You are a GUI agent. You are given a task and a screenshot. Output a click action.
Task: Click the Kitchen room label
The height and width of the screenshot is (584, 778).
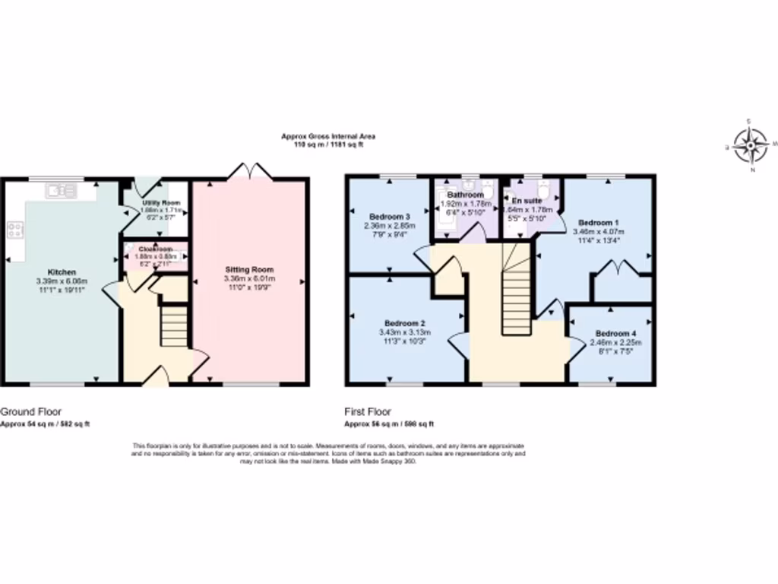62,271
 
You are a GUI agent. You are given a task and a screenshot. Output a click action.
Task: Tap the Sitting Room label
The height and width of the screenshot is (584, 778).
249,269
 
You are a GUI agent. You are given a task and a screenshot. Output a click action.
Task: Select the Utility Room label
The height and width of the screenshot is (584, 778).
160,203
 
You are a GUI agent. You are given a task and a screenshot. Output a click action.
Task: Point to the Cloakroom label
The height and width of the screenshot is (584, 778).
156,249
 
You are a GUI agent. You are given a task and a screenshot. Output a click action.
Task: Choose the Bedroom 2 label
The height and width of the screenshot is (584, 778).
404,322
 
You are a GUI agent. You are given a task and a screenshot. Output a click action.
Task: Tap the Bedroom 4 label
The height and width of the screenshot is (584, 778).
615,333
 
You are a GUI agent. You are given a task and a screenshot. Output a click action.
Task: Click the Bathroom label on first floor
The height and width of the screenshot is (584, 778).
465,195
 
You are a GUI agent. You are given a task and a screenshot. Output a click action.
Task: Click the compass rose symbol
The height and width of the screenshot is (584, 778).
751,144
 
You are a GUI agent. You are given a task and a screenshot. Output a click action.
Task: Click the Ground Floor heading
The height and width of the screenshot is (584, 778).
26,411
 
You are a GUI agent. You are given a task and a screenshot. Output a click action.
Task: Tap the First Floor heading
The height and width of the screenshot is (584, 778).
368,411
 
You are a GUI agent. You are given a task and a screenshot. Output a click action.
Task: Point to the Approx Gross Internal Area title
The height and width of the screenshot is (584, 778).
328,136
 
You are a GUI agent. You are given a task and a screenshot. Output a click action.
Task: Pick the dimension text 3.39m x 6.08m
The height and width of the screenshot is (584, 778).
62,281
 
